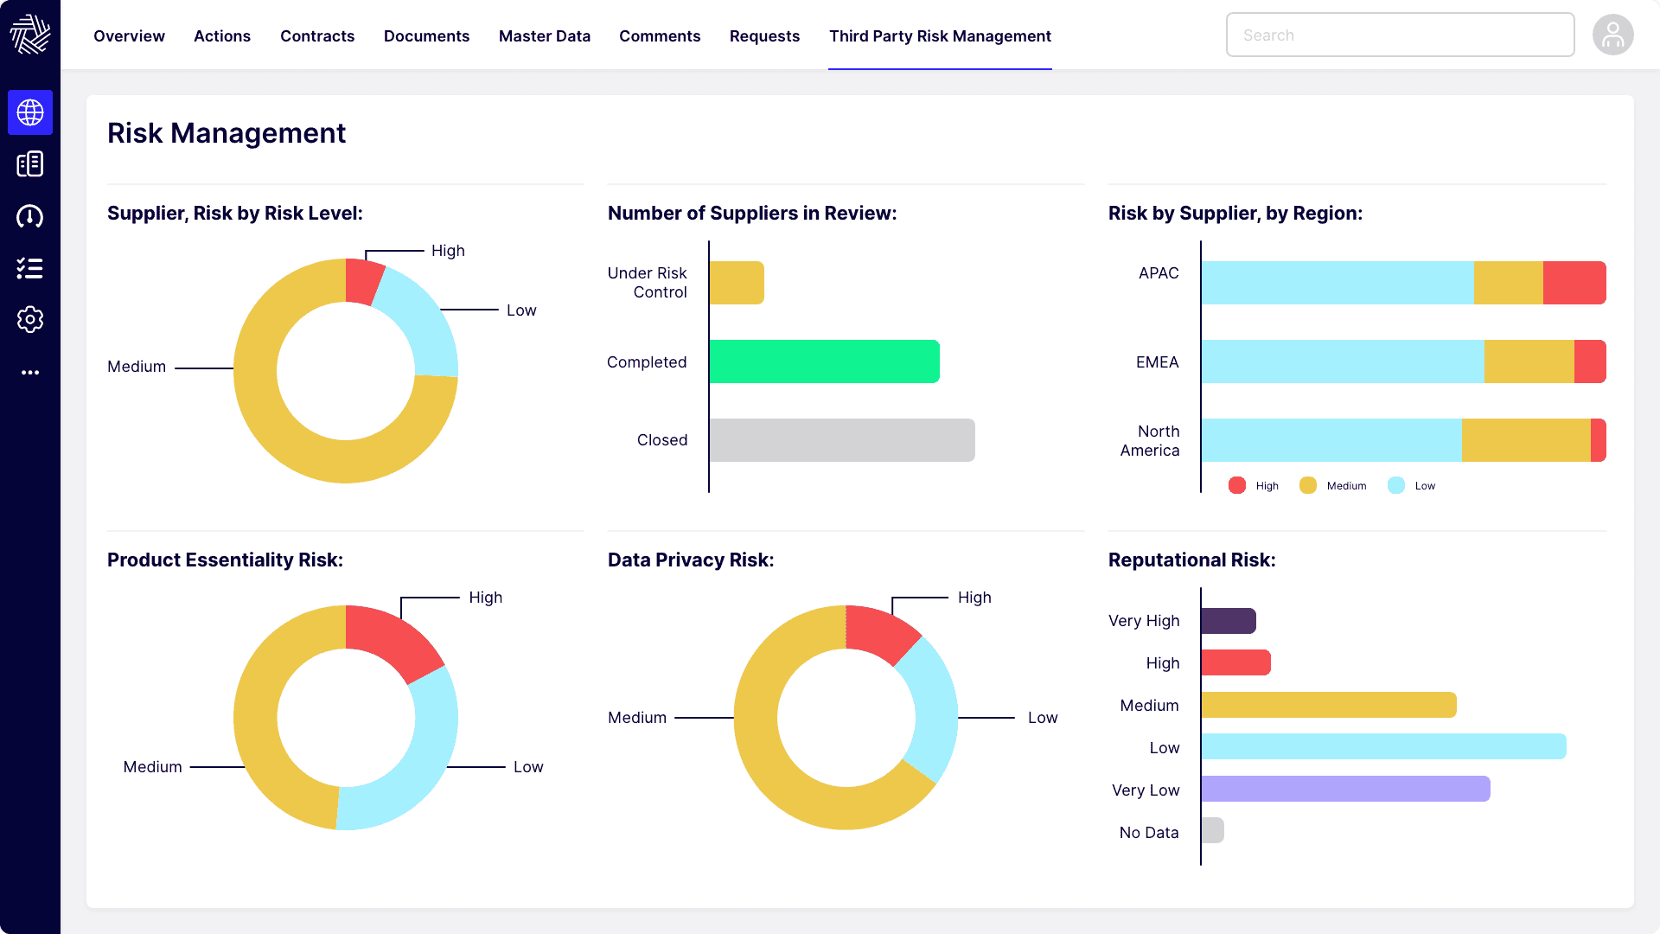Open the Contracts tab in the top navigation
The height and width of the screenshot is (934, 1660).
click(317, 36)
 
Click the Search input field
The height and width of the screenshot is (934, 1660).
click(1399, 35)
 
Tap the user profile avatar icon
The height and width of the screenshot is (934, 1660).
click(1612, 35)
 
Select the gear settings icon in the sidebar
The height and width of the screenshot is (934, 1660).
click(30, 320)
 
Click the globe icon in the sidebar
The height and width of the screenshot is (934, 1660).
click(30, 112)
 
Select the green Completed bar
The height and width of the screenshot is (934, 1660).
click(824, 361)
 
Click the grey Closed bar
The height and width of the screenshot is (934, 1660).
click(841, 440)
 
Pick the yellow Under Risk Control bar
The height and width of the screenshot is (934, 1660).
click(737, 283)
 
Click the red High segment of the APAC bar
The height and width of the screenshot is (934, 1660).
click(1574, 283)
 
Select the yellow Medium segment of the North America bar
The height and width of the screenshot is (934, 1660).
click(1525, 440)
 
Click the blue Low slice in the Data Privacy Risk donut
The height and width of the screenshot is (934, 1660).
click(929, 709)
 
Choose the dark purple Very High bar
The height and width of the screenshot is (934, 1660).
click(1228, 621)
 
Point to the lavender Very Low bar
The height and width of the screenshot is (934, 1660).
click(1344, 789)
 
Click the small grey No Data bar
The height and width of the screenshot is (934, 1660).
click(1212, 830)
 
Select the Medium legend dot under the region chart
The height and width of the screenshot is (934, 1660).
click(1307, 486)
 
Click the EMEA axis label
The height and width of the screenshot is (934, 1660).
click(1157, 362)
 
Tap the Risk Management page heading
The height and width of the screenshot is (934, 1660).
click(227, 133)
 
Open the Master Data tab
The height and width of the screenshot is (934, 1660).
click(544, 36)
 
